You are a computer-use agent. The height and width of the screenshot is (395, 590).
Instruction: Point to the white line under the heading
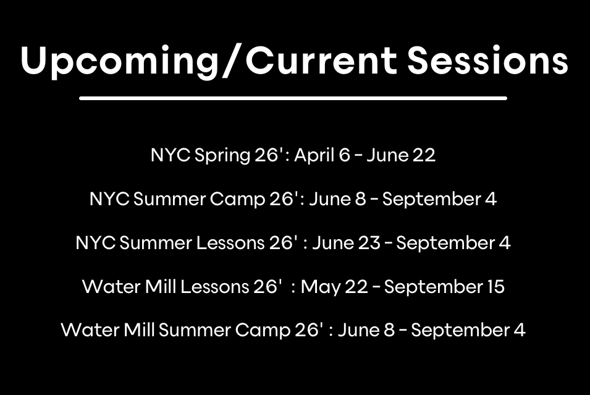tap(293, 98)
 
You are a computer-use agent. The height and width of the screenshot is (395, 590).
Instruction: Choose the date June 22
tap(401, 155)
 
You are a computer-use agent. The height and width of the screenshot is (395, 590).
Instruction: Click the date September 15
tap(444, 287)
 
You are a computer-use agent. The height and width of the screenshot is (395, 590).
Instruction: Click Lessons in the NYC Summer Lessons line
tap(230, 243)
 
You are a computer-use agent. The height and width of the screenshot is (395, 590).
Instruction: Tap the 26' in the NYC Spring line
tap(269, 155)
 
